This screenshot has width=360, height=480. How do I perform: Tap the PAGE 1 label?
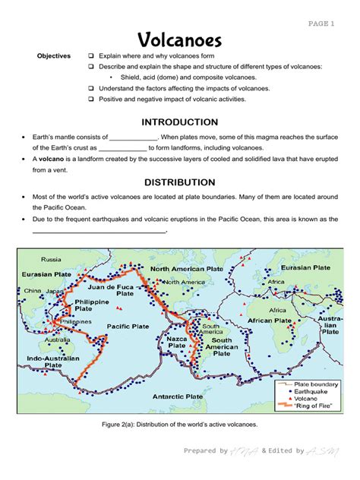click(x=321, y=24)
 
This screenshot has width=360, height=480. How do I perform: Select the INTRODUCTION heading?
click(x=179, y=122)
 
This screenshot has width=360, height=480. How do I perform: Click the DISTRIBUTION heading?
click(x=179, y=182)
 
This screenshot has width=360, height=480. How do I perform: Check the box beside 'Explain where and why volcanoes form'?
click(x=90, y=56)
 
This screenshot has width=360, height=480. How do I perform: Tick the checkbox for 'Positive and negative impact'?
click(x=90, y=99)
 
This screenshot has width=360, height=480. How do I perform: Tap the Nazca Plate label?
click(x=177, y=342)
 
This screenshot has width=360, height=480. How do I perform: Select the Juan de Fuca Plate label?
click(x=112, y=292)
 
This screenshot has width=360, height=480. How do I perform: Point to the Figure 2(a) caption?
click(x=179, y=424)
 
